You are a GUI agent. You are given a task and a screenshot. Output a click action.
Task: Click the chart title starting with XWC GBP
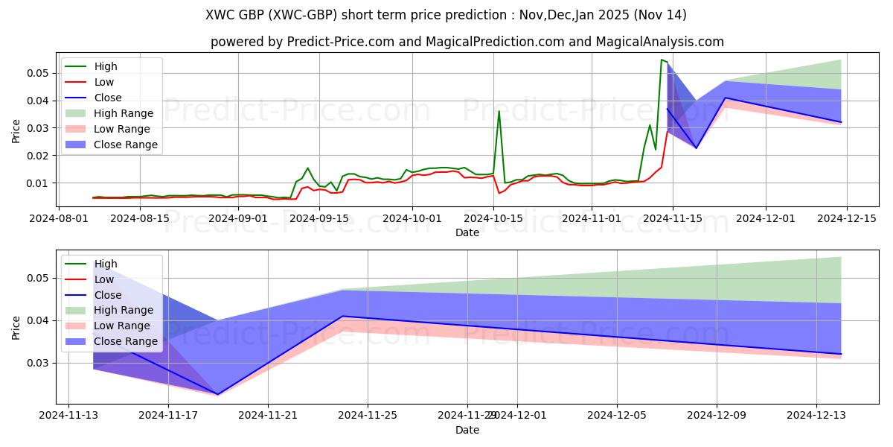[x=446, y=15]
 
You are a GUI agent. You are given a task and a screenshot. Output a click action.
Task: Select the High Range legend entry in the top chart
[x=123, y=113]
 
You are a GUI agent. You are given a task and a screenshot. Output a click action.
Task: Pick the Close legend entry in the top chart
[x=108, y=98]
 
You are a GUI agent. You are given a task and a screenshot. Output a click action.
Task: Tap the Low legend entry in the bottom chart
[x=104, y=279]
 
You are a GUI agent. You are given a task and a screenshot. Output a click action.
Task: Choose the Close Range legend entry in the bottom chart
[x=125, y=341]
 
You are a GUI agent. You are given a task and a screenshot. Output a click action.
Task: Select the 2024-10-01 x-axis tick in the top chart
[x=413, y=218]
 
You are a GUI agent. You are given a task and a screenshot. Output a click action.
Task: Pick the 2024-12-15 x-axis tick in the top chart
[x=848, y=218]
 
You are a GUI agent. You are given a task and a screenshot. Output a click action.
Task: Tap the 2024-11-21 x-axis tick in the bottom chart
[x=267, y=416]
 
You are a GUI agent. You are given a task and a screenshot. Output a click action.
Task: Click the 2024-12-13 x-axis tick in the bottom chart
[x=816, y=416]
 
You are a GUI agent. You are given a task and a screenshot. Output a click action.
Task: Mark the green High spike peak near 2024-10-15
[x=499, y=111]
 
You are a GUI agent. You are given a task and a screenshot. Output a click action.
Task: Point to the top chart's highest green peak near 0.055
[x=662, y=60]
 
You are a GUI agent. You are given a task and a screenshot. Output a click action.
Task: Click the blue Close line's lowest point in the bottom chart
[x=217, y=394]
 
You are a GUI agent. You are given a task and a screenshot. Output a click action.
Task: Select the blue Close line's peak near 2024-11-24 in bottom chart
[x=342, y=316]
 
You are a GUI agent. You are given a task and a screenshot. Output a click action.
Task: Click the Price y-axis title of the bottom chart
[x=16, y=327]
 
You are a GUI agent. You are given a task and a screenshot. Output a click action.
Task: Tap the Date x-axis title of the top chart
[x=467, y=232]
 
